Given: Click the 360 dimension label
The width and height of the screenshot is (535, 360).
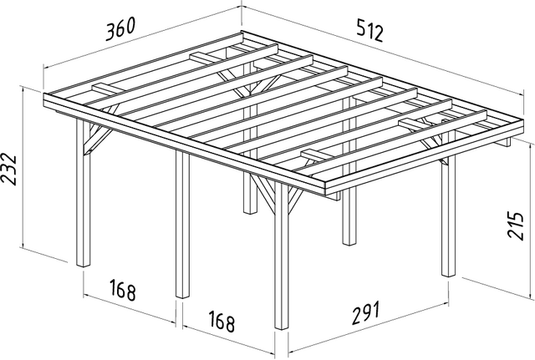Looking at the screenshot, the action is click(120, 29).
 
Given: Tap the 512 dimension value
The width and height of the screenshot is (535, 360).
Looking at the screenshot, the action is click(370, 31).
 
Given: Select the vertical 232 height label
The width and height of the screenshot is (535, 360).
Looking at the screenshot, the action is click(9, 169).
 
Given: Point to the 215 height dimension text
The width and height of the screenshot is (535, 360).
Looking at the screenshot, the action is click(515, 226).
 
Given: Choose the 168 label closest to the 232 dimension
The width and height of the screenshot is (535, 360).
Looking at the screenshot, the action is click(123, 290).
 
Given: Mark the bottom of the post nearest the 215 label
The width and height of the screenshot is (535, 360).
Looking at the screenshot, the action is click(448, 273).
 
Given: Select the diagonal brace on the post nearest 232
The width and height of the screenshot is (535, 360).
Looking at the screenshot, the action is click(99, 140).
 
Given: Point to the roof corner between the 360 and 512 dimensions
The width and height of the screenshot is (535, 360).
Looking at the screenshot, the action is click(242, 32).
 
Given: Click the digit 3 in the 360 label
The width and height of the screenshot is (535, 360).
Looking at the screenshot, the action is click(110, 33).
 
